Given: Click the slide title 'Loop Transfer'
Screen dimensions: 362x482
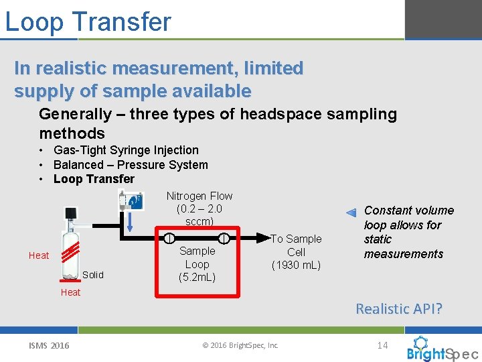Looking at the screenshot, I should [88, 21].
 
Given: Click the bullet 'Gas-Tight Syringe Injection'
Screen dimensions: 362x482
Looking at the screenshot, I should [126, 150].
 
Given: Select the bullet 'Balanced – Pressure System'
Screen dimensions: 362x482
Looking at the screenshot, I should [131, 165].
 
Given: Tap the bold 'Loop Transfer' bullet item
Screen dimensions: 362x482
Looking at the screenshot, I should [94, 179].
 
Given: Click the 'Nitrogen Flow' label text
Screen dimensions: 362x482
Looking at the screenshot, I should [199, 196].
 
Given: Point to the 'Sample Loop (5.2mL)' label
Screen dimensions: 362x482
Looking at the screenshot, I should [197, 264].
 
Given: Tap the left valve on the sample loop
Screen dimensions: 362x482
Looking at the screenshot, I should [169, 238].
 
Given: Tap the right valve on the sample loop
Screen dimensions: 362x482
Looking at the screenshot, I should [224, 238].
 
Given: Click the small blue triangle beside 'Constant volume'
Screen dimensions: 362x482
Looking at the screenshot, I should [351, 213].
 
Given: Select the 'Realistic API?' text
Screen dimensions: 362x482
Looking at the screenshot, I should [399, 309].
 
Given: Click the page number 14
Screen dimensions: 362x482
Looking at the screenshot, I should [382, 345].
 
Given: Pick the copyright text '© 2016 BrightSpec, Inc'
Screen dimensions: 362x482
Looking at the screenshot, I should [240, 346].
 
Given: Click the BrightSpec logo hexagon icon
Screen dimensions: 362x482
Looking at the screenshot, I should [421, 343].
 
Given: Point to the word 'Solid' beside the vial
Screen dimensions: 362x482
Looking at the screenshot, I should [93, 275].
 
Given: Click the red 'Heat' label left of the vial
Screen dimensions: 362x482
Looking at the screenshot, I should [38, 255].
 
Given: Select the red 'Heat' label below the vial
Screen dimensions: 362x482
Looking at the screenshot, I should [70, 292].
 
